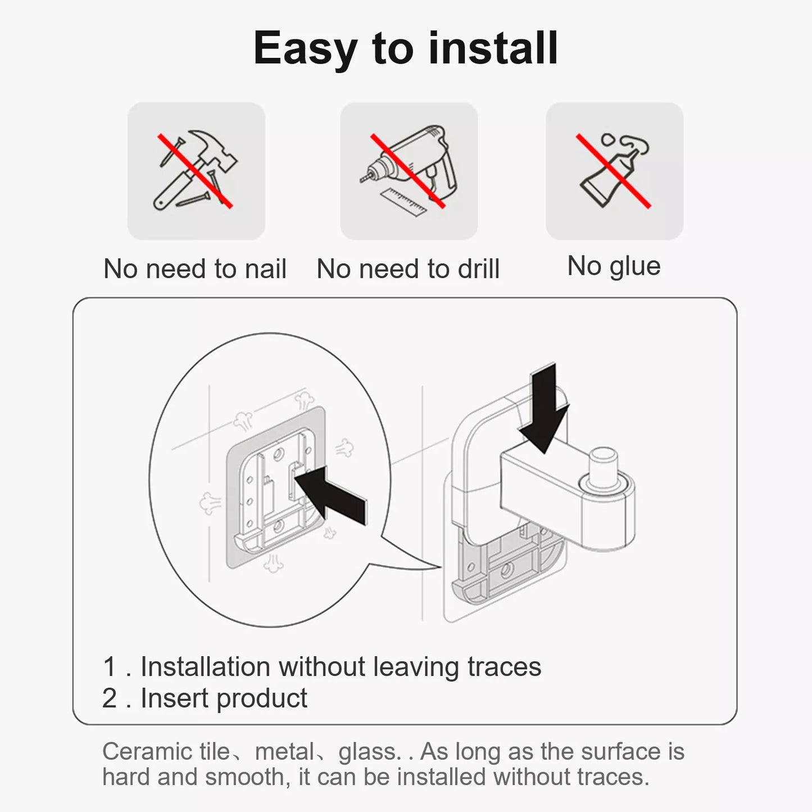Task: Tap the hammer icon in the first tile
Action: pyautogui.click(x=194, y=170)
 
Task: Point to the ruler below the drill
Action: pyautogui.click(x=403, y=202)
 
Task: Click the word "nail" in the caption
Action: pyautogui.click(x=265, y=269)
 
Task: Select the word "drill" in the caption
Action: pyautogui.click(x=479, y=269)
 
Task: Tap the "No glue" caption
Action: pyautogui.click(x=614, y=267)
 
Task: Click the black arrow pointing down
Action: pyautogui.click(x=544, y=408)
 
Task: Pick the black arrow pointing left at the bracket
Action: pyautogui.click(x=331, y=495)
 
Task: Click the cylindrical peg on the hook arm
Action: pyautogui.click(x=604, y=468)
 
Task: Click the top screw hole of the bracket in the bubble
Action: pyautogui.click(x=278, y=454)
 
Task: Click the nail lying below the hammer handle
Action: pyautogui.click(x=193, y=199)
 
